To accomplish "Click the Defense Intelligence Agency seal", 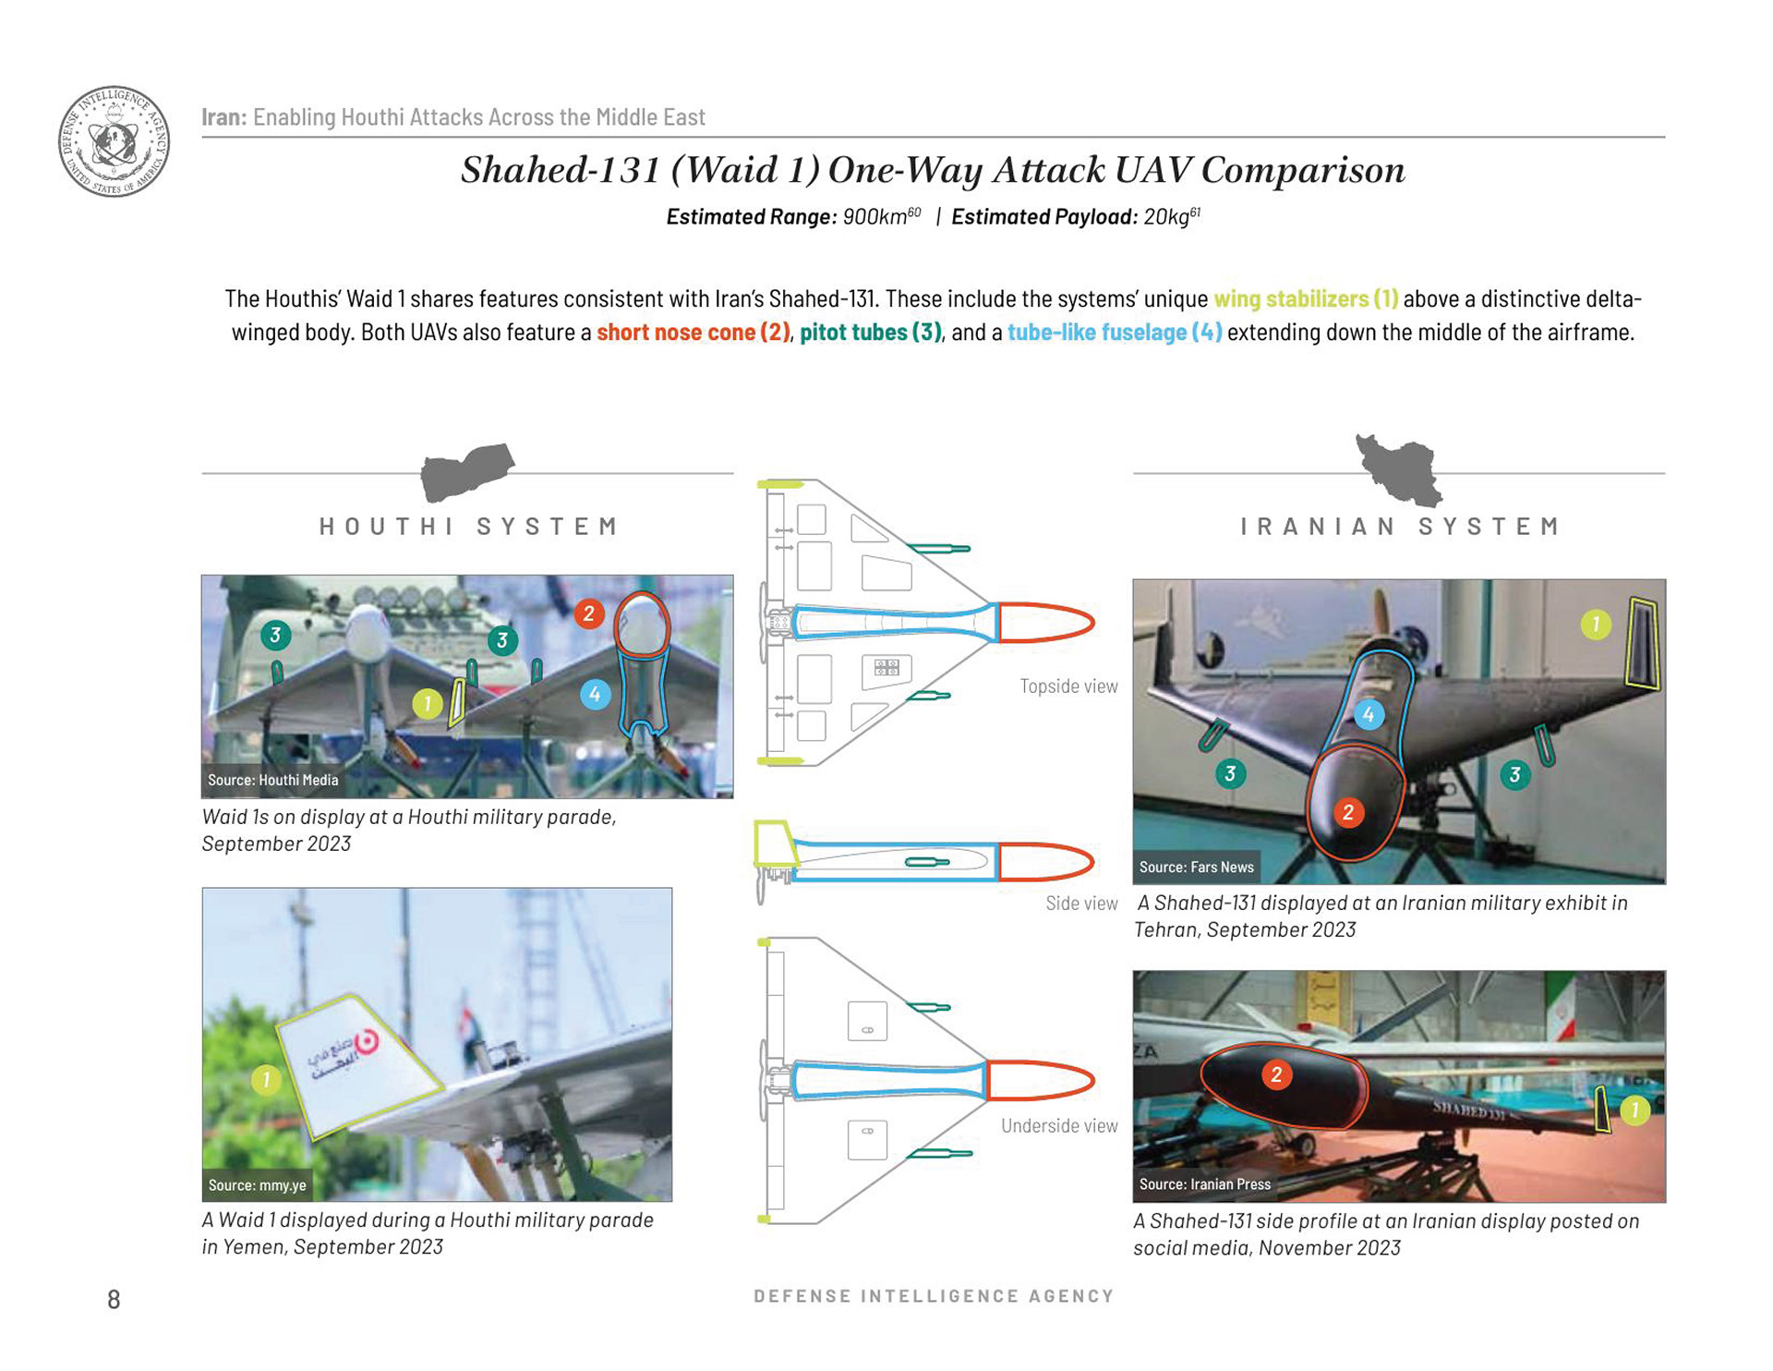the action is click(x=114, y=141).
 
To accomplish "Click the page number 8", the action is click(x=114, y=1300).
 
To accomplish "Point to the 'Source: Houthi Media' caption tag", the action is click(x=272, y=780).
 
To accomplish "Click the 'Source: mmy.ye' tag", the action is click(x=257, y=1185).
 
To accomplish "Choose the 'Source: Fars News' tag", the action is click(x=1196, y=867).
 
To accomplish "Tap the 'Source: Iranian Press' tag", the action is click(x=1205, y=1184).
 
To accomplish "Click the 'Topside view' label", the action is click(x=1068, y=686).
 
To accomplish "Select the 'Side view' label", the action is click(x=1081, y=904).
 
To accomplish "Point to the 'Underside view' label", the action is click(x=1059, y=1126).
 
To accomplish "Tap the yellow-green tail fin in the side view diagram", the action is click(x=775, y=843).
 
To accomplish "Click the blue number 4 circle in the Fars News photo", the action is click(x=1369, y=714).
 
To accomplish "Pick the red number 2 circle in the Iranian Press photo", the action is click(x=1276, y=1074).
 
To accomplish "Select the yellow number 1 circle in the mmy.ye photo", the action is click(x=266, y=1079).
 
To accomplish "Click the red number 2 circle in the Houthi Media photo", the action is click(x=589, y=613).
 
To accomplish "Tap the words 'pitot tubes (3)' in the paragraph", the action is click(x=871, y=333).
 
